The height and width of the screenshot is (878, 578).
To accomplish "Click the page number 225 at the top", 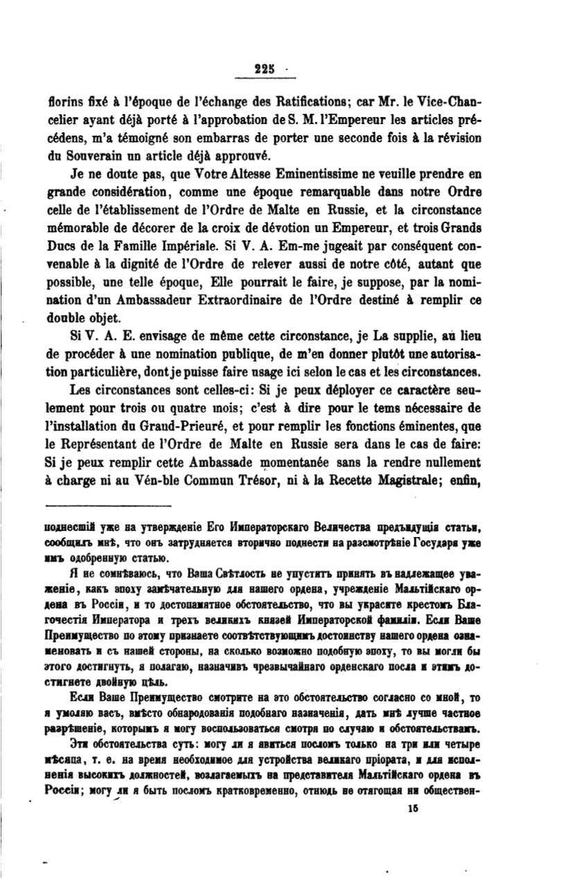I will [x=265, y=68].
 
